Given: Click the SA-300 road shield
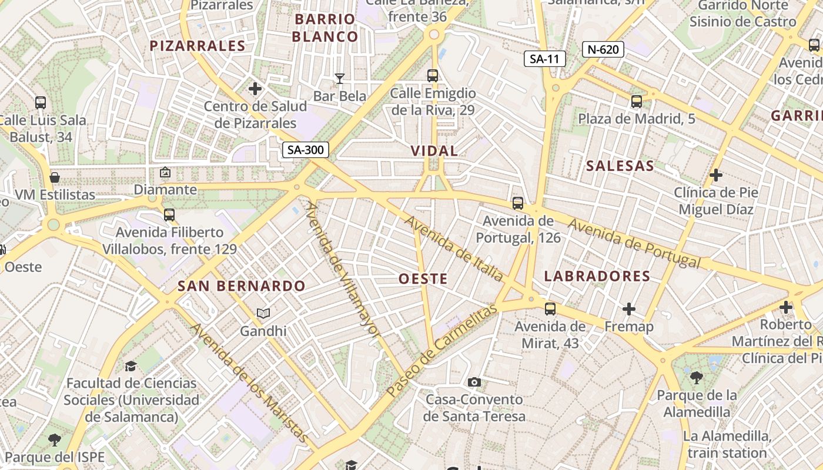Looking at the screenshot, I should pos(306,150).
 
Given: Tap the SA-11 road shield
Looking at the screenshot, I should pos(545,58).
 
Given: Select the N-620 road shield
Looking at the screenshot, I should pos(603,49).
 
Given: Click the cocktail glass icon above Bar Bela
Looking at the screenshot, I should pos(340,78).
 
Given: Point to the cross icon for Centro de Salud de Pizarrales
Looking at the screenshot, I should pos(255,89).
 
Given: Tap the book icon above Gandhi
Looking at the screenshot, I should pos(263,314).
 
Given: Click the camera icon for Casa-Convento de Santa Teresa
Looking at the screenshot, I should pos(474,382).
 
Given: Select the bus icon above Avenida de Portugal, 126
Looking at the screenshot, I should pos(518,203).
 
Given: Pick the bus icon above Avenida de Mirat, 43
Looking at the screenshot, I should pos(550,308).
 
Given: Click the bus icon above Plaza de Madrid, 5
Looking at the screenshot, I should pos(637,101).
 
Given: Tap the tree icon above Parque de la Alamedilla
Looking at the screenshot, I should pos(697,377).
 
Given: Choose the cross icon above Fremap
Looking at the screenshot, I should pos(629,308).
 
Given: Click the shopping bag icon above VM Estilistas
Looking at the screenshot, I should pos(55,177).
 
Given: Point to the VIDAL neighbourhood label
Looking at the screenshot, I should pos(434,151).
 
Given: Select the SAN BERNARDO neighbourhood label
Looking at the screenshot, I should pos(242,286).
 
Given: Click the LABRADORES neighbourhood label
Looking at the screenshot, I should pos(597,276).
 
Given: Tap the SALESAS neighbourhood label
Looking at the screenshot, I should pos(620,166).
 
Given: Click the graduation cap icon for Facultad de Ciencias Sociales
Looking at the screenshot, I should pos(131,366).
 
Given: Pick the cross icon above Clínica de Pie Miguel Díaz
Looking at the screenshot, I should pos(716,174).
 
